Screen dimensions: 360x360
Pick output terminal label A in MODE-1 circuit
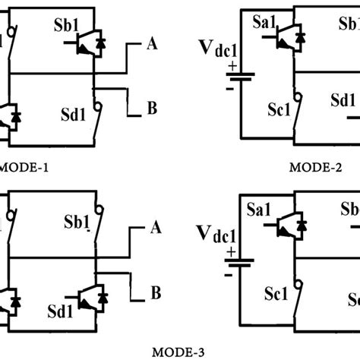[151, 45]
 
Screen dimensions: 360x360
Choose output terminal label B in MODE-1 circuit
[151, 109]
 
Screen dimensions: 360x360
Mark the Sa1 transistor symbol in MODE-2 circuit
[292, 36]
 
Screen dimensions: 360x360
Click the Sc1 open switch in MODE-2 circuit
[295, 109]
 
